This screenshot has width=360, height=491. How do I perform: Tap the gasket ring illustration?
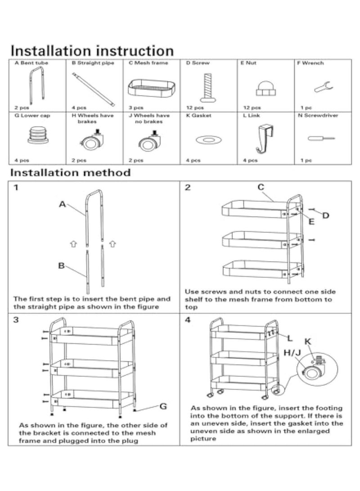coord(207,140)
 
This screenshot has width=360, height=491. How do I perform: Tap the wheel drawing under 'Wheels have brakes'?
coord(92,141)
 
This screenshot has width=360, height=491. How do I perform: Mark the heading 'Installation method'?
coord(71,172)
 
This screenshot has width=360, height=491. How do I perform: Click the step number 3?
coord(16,320)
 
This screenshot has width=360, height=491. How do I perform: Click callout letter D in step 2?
coord(325,216)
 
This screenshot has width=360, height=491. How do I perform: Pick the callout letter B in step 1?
coord(61,266)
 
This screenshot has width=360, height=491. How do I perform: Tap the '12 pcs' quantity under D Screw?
coord(195,108)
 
